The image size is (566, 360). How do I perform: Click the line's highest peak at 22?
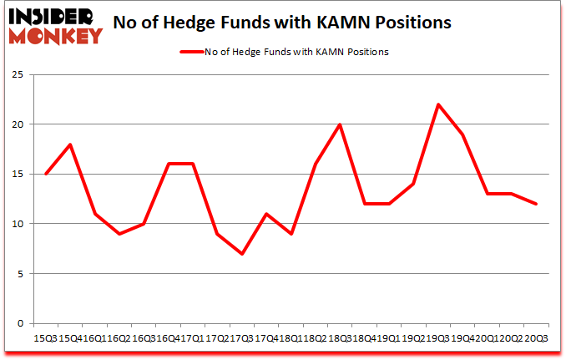437,104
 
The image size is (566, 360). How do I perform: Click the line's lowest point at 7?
242,254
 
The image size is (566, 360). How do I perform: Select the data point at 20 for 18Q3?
340,124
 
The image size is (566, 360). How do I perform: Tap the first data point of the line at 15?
46,174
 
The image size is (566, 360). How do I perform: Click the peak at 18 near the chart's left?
70,145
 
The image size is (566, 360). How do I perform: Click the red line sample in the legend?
191,52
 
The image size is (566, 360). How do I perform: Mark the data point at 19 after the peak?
462,134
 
